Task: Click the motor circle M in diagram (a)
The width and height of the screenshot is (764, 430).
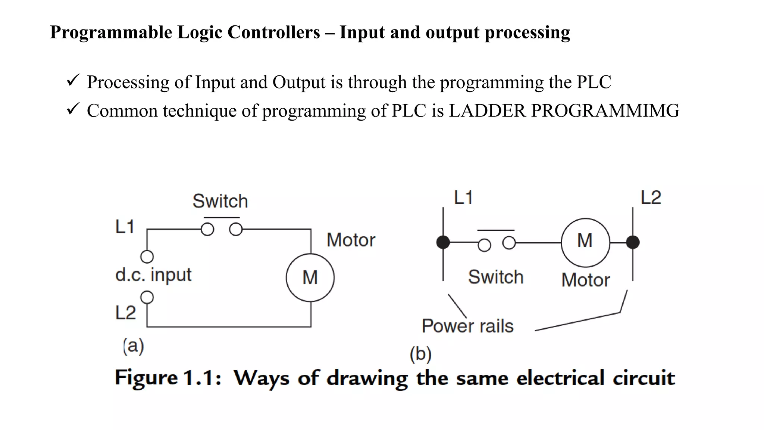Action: pos(310,278)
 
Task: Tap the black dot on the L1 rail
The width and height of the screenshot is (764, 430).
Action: pos(443,242)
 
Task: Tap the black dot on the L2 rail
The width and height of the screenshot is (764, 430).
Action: pos(633,242)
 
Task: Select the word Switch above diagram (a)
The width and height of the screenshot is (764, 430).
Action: pos(220,201)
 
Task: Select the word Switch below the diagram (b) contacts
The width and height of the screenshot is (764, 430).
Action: pos(495,277)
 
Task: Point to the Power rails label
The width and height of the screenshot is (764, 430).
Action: pos(467,326)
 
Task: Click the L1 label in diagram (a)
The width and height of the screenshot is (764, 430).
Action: pos(125,227)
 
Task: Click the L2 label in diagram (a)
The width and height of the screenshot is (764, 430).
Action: pos(125,313)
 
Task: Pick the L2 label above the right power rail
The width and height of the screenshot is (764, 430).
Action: pos(651,197)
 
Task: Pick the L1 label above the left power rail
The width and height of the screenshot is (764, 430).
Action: pos(463,197)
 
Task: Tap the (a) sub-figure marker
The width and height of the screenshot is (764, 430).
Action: pos(133,346)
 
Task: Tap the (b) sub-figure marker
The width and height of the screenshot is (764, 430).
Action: pos(420,354)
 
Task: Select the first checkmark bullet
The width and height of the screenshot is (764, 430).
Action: pos(72,80)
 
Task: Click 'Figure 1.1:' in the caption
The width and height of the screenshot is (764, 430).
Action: pos(168,378)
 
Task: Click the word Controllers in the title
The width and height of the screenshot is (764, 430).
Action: pos(273,32)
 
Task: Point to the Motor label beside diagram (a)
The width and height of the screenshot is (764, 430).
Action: pos(351,240)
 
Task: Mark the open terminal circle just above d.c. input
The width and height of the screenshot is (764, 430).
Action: pos(147,257)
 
